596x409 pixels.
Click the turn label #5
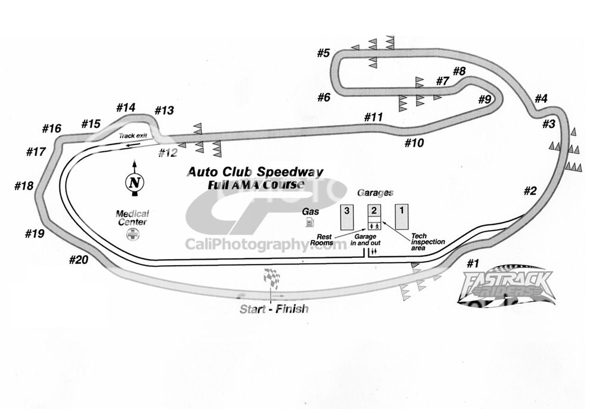[323, 53]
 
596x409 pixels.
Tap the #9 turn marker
[485, 100]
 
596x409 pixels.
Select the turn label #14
[126, 107]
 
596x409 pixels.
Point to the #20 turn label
[79, 260]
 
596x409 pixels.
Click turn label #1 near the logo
[473, 263]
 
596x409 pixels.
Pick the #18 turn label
[24, 186]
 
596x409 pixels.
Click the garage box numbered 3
[346, 217]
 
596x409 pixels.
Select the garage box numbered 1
[402, 217]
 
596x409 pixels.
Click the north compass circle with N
[134, 183]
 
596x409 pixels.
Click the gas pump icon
[309, 223]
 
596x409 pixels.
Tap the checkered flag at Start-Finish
[272, 278]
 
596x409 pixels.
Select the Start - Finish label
[274, 309]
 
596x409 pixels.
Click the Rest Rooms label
[325, 239]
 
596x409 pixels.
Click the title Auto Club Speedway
[255, 172]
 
